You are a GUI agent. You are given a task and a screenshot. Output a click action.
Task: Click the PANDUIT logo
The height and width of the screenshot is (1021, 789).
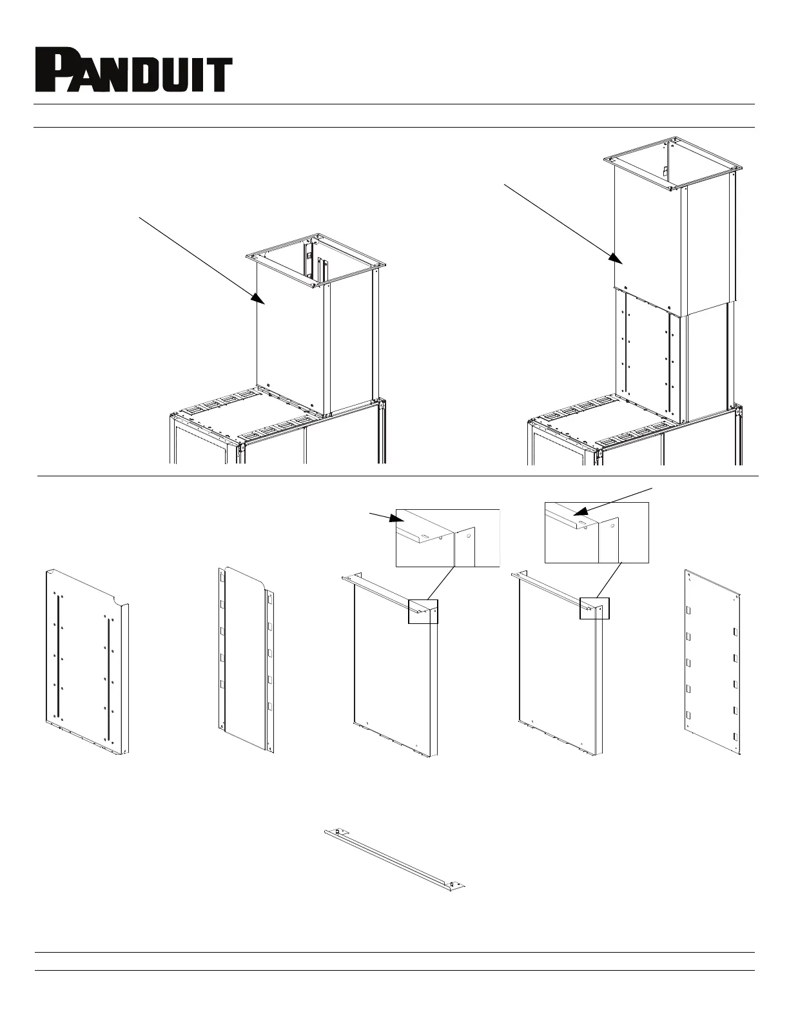click(134, 70)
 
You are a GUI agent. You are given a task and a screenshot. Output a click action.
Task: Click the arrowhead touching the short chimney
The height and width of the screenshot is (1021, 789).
click(258, 299)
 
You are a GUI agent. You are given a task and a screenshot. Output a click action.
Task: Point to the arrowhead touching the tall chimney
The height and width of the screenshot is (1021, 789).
click(616, 258)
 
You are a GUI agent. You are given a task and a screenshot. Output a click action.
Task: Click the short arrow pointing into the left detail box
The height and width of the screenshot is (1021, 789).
click(387, 518)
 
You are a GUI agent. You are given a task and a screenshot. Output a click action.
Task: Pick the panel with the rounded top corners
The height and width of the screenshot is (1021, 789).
click(246, 659)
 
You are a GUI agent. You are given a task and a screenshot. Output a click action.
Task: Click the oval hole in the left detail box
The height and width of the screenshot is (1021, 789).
click(424, 536)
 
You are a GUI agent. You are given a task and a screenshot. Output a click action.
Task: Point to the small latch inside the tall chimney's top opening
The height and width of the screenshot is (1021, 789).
click(665, 171)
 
